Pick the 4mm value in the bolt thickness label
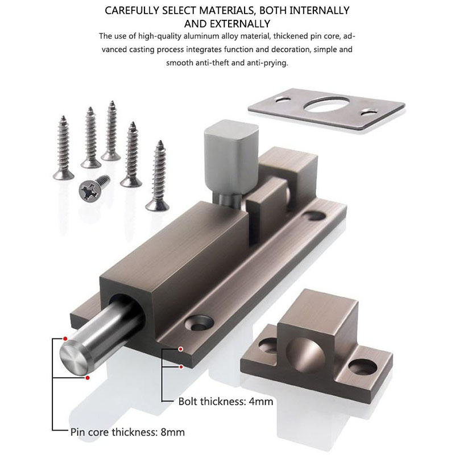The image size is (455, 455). pyautogui.click(x=261, y=402)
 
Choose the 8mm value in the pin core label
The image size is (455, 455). pyautogui.click(x=172, y=432)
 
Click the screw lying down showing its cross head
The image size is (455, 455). pyautogui.click(x=94, y=186)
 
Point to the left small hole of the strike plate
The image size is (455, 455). pyautogui.click(x=280, y=100)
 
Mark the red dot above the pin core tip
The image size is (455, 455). pyautogui.click(x=65, y=339)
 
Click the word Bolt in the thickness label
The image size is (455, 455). pyautogui.click(x=189, y=402)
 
